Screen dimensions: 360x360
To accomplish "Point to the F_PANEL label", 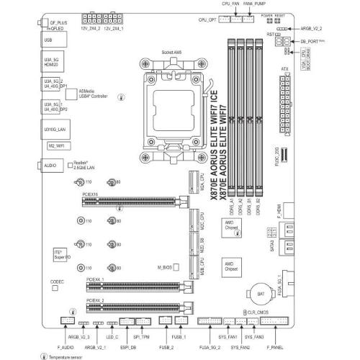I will point(275,348).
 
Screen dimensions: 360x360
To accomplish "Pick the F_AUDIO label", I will point(67,348).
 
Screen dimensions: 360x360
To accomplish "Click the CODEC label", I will point(58,280).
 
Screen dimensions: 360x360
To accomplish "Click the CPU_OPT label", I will point(207,21).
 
